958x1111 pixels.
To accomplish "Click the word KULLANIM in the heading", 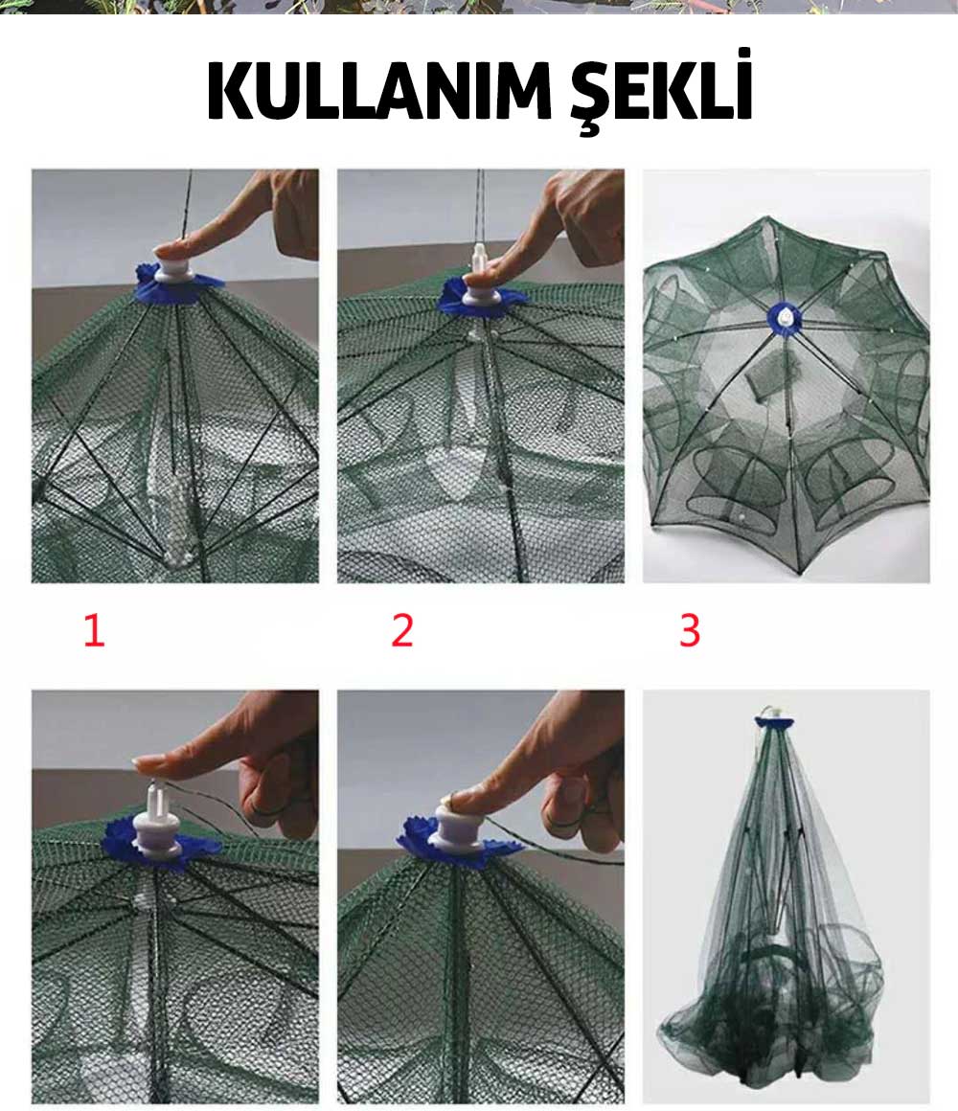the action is coord(379,92).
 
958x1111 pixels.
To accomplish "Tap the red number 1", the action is coord(94,630).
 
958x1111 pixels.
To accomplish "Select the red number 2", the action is coord(401,630).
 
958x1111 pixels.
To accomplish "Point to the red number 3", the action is coord(690,630).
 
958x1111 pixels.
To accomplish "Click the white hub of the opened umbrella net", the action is coord(787,316).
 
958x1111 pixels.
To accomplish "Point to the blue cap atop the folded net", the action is coord(774,722).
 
